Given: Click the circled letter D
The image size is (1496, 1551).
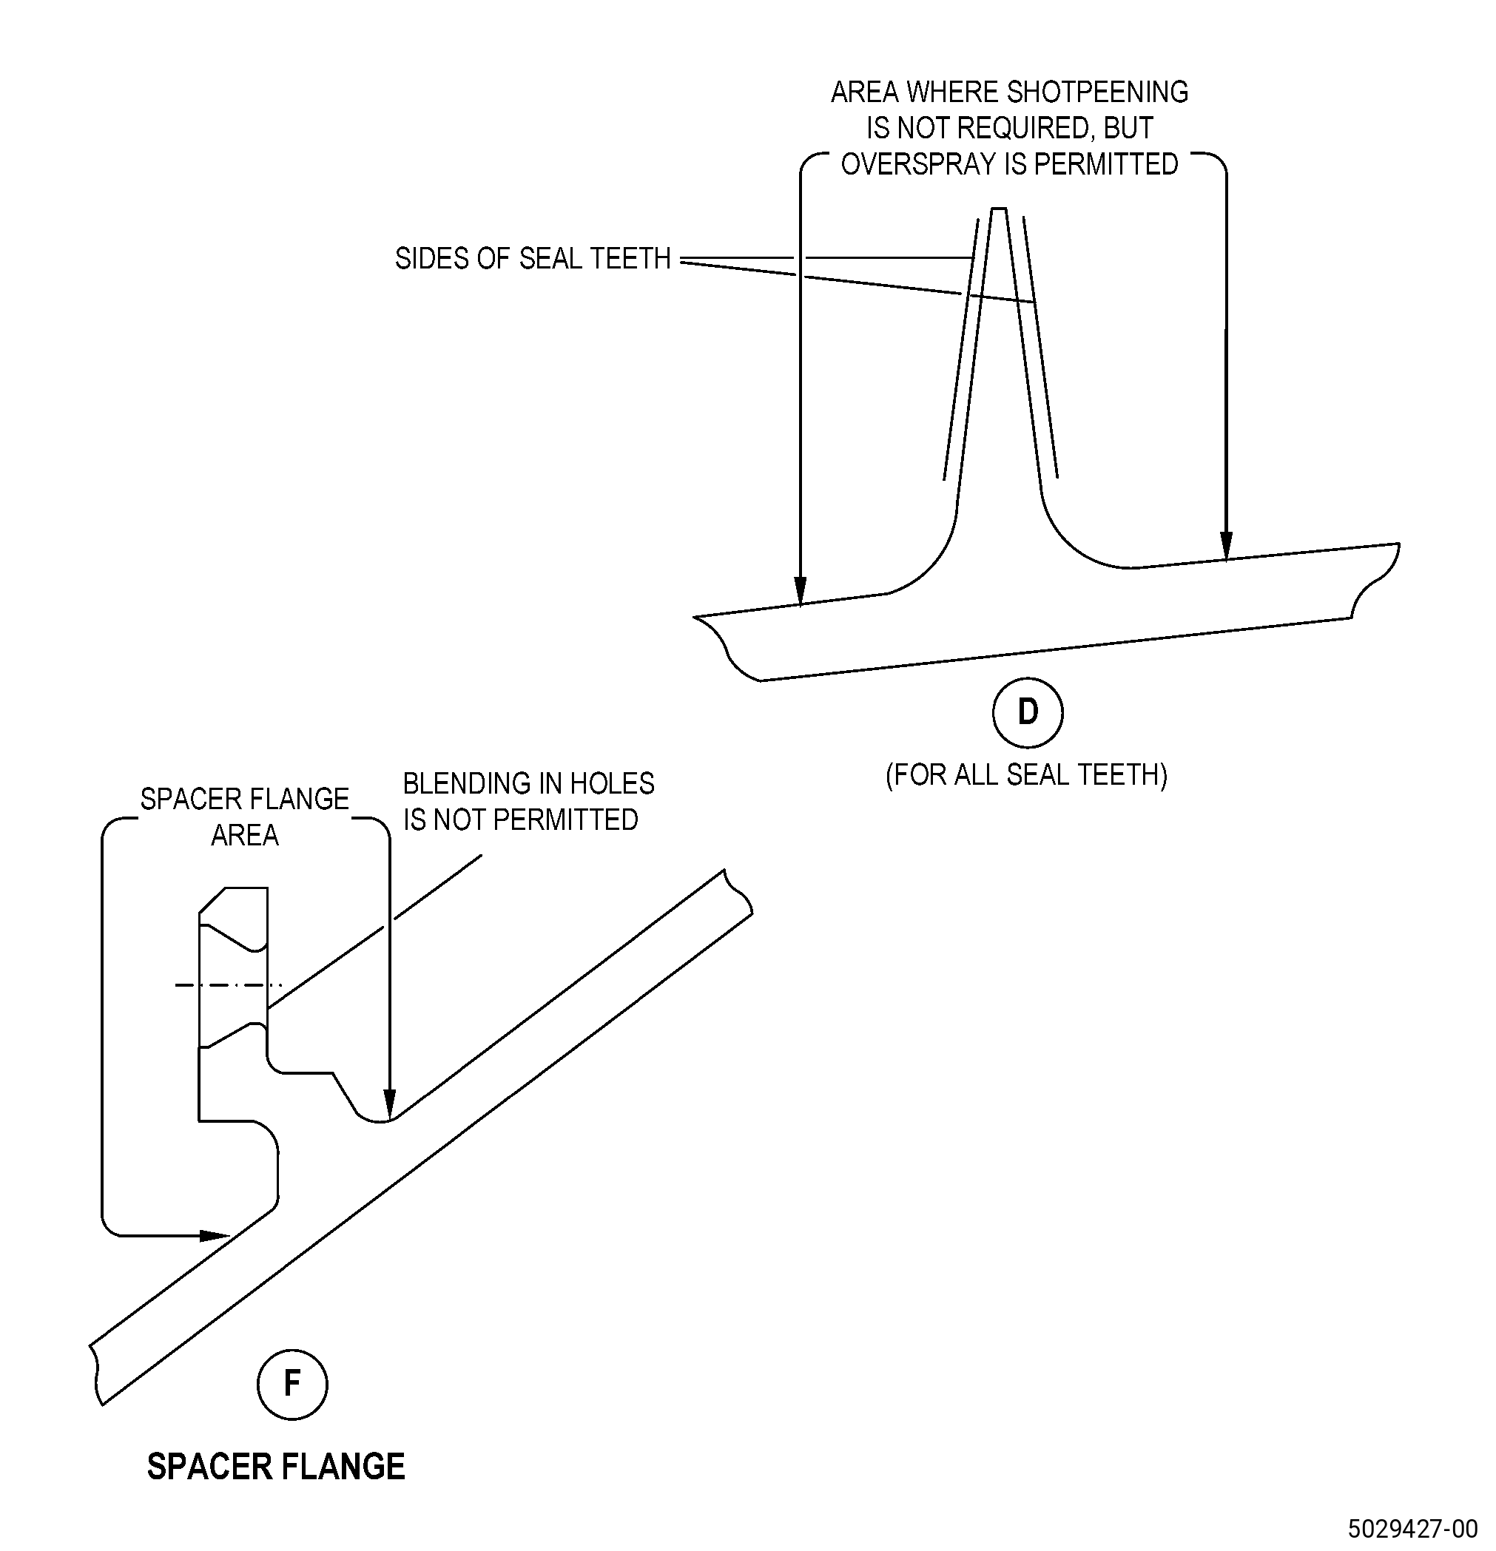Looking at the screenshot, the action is point(1028,712).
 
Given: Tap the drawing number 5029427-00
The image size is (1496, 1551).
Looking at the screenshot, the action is point(1413,1528).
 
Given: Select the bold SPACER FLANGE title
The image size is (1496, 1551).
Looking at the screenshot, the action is point(276,1467).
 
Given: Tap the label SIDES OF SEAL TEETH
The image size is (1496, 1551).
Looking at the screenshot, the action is point(533,259).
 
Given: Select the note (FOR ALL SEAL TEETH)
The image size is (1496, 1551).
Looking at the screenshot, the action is point(1027,774).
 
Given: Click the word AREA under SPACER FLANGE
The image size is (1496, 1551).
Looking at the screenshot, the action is point(245,836).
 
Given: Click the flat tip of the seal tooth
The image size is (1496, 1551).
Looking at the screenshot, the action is point(999,209).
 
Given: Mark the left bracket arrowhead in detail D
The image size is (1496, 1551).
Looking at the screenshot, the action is point(801,591).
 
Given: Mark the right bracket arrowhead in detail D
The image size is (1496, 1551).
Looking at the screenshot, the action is point(1226,545).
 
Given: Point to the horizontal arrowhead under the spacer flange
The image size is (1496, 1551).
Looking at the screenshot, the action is point(215,1235).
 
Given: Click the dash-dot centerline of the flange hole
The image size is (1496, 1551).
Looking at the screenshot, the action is point(229,985).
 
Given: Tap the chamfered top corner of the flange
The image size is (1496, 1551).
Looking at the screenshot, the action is point(211,901).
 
